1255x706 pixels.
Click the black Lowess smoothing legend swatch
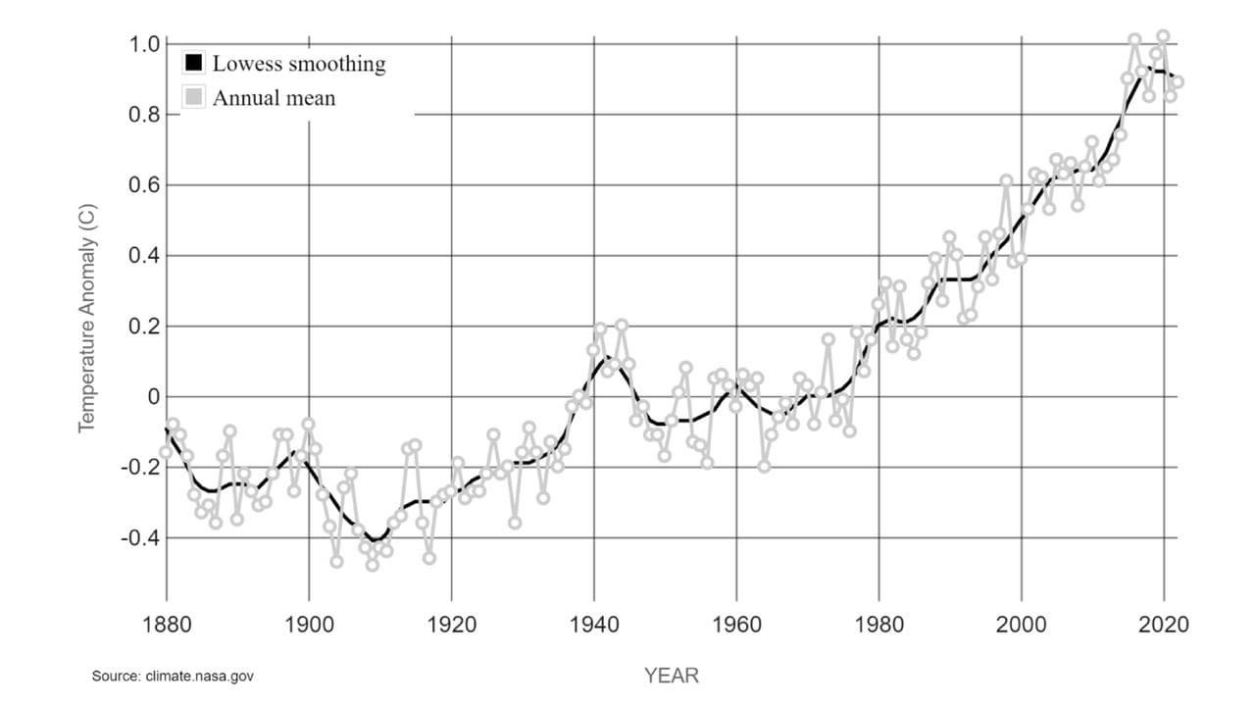click(194, 64)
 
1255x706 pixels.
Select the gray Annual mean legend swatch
click(194, 97)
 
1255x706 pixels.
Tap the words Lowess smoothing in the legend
click(299, 64)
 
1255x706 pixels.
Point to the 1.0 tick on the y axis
click(144, 44)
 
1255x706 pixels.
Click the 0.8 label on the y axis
click(144, 115)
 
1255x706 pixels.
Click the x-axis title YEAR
click(672, 676)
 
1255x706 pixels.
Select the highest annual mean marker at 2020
click(1163, 36)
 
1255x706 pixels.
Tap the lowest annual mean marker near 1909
click(373, 565)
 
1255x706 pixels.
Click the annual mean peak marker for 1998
click(1006, 180)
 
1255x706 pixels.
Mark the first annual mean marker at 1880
click(167, 452)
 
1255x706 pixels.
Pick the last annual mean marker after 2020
click(1178, 82)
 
